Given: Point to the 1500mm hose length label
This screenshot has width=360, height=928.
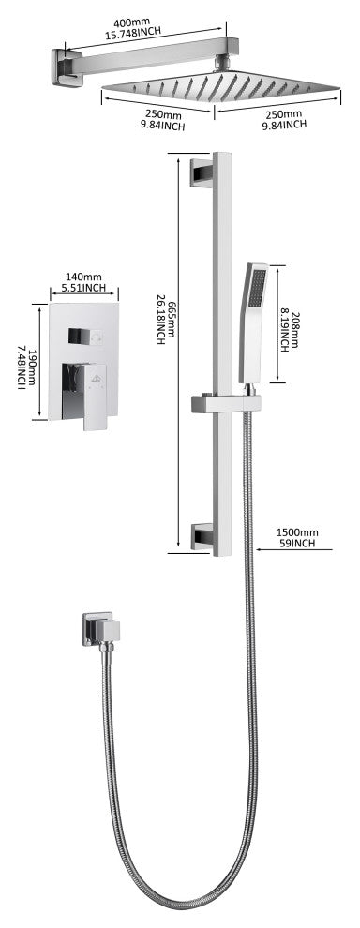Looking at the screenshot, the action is tap(295, 532).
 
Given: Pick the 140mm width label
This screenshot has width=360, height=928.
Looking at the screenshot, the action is tap(83, 277).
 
